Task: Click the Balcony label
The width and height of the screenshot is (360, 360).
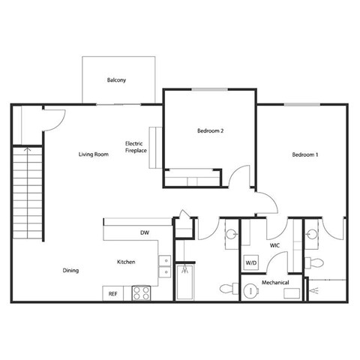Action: click(116, 79)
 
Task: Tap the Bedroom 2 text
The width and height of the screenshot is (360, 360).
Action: click(211, 130)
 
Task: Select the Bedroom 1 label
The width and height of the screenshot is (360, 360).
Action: click(305, 155)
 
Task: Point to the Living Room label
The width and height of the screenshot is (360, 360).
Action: click(94, 155)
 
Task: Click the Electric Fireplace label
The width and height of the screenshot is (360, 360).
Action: click(136, 146)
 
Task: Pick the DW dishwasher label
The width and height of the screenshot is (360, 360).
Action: click(145, 233)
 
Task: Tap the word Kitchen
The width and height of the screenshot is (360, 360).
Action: click(125, 262)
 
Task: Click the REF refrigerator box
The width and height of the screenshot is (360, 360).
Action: click(113, 293)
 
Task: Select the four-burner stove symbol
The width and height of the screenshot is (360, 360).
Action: click(141, 293)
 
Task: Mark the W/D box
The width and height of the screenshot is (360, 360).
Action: click(250, 263)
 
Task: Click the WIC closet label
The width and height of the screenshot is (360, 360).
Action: click(275, 245)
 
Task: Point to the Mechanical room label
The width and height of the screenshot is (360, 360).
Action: click(275, 283)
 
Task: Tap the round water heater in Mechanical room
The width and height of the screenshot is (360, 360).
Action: click(247, 290)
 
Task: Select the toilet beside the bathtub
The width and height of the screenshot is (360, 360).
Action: click(226, 289)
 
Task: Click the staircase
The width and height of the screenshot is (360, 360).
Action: click(26, 192)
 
